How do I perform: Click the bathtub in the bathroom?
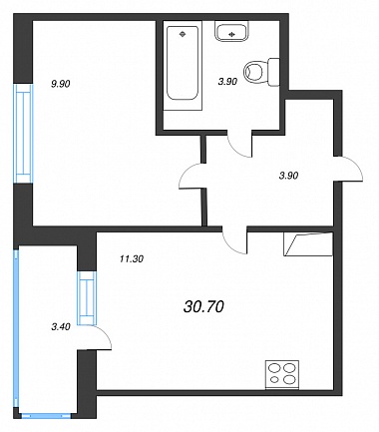coord(183,66)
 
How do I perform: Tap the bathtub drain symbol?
coord(183,34)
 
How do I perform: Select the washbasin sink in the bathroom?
coord(231,31)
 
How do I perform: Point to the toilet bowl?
coord(253,72)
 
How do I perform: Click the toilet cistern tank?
coord(273,72)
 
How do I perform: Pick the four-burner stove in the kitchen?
coord(282,374)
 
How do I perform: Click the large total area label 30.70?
coord(203,307)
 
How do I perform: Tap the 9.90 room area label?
coord(60,84)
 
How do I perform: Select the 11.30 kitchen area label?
coord(132,258)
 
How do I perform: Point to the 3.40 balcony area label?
coord(61,327)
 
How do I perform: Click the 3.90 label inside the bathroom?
coord(227,82)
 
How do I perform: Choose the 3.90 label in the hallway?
coord(288,176)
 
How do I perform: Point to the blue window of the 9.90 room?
coord(23,133)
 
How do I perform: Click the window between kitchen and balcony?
coord(87,298)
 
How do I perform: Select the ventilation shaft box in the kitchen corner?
coord(308,244)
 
